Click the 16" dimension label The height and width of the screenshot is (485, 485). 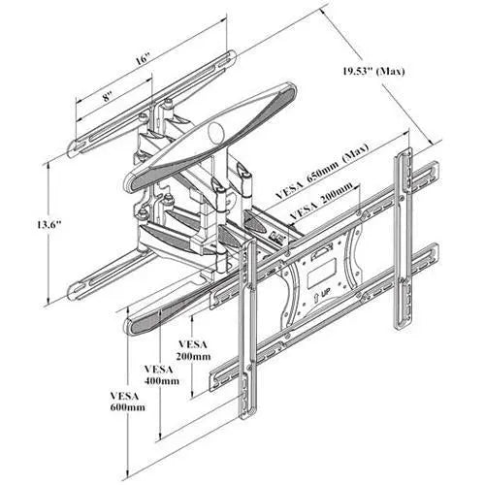pos(143,59)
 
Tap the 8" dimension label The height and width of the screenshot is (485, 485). pos(108,96)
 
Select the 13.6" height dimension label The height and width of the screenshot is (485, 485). pos(48,224)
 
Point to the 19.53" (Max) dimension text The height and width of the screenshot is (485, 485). pos(373,71)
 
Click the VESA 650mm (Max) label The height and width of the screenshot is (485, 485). pos(322,172)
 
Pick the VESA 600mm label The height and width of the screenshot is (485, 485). pos(127,402)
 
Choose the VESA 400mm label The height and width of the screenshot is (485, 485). pos(161,374)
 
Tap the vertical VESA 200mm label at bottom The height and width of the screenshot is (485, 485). pos(193,350)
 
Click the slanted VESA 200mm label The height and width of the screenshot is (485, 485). pos(321,202)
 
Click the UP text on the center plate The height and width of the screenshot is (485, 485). pos(325,295)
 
